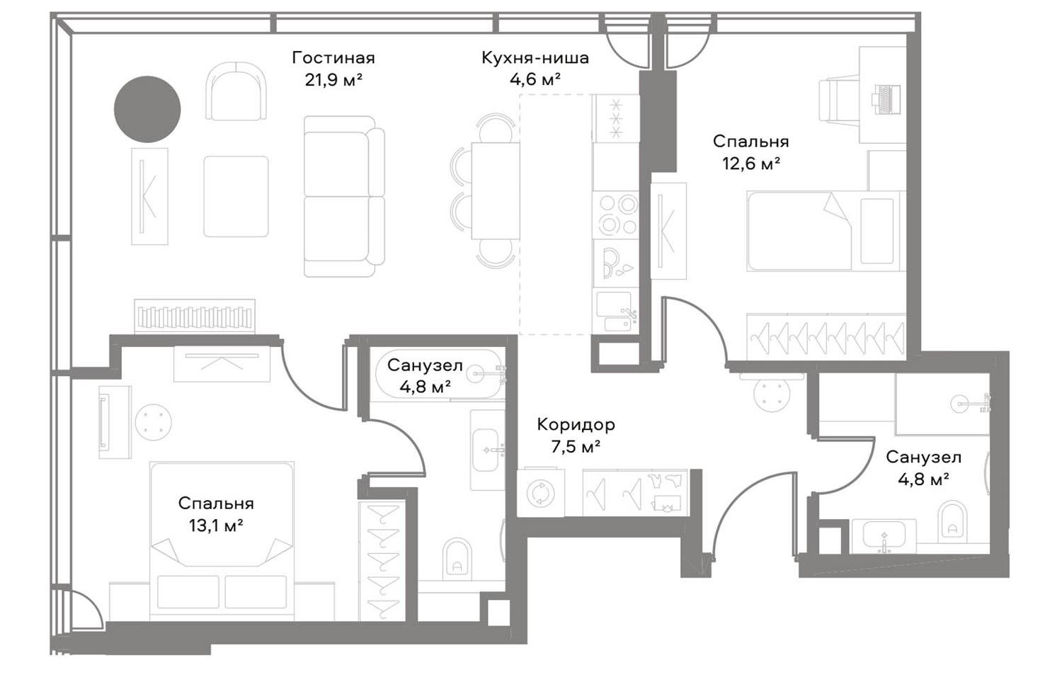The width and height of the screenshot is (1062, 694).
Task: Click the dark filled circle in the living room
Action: coord(147,109)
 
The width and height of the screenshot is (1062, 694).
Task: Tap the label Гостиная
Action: coord(333,58)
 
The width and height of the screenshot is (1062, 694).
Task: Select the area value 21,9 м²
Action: coord(333,80)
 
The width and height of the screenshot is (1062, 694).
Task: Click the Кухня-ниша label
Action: coord(535,58)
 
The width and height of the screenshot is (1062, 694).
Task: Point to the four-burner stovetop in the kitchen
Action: coord(616,214)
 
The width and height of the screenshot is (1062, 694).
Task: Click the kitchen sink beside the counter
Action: coord(616,312)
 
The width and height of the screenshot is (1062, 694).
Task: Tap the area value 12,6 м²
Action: coord(751,164)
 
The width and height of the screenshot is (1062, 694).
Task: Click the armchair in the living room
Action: coord(236,91)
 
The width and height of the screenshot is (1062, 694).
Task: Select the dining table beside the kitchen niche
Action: coord(496,190)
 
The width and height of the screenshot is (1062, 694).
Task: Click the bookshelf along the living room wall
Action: coord(195,317)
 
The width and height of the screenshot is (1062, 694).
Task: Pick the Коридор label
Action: coord(576,424)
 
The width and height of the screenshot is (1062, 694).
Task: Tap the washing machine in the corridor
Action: coord(540,492)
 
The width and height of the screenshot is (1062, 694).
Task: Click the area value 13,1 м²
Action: coord(216,525)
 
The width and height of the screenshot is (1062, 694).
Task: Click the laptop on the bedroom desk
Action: coord(885,99)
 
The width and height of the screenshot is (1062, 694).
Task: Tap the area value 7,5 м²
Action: coord(576,446)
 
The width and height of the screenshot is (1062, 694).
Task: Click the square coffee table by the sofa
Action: coord(236,196)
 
